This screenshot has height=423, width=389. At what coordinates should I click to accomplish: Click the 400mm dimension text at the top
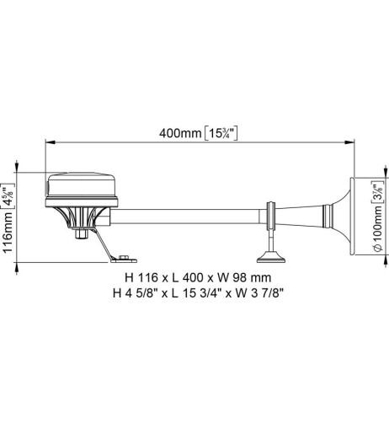pos(179,133)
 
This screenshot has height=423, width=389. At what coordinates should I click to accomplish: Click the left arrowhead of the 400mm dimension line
pos(48,142)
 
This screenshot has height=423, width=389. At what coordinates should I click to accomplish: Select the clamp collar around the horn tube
pos(273,216)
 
